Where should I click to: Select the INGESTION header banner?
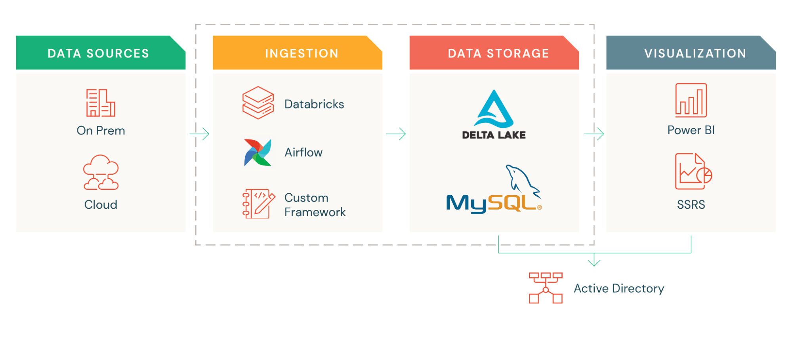[x=298, y=53]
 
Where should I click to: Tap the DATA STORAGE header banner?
[x=494, y=53]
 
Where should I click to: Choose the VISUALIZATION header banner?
[x=691, y=53]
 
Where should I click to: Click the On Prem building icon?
[x=101, y=103]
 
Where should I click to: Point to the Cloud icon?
[x=101, y=173]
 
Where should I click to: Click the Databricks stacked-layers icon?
[x=258, y=103]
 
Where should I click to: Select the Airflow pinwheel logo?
[x=258, y=152]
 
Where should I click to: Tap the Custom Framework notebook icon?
[x=258, y=204]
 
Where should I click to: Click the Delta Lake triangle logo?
[x=494, y=109]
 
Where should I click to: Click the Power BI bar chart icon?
[x=691, y=101]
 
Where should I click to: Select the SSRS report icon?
[x=693, y=172]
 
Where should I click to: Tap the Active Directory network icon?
[x=546, y=288]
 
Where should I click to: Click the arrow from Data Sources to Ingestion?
[x=199, y=134]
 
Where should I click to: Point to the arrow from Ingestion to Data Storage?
[x=396, y=134]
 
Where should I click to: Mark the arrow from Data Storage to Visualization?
[x=594, y=134]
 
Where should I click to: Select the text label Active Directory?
[x=619, y=288]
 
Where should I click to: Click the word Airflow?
[x=303, y=152]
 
